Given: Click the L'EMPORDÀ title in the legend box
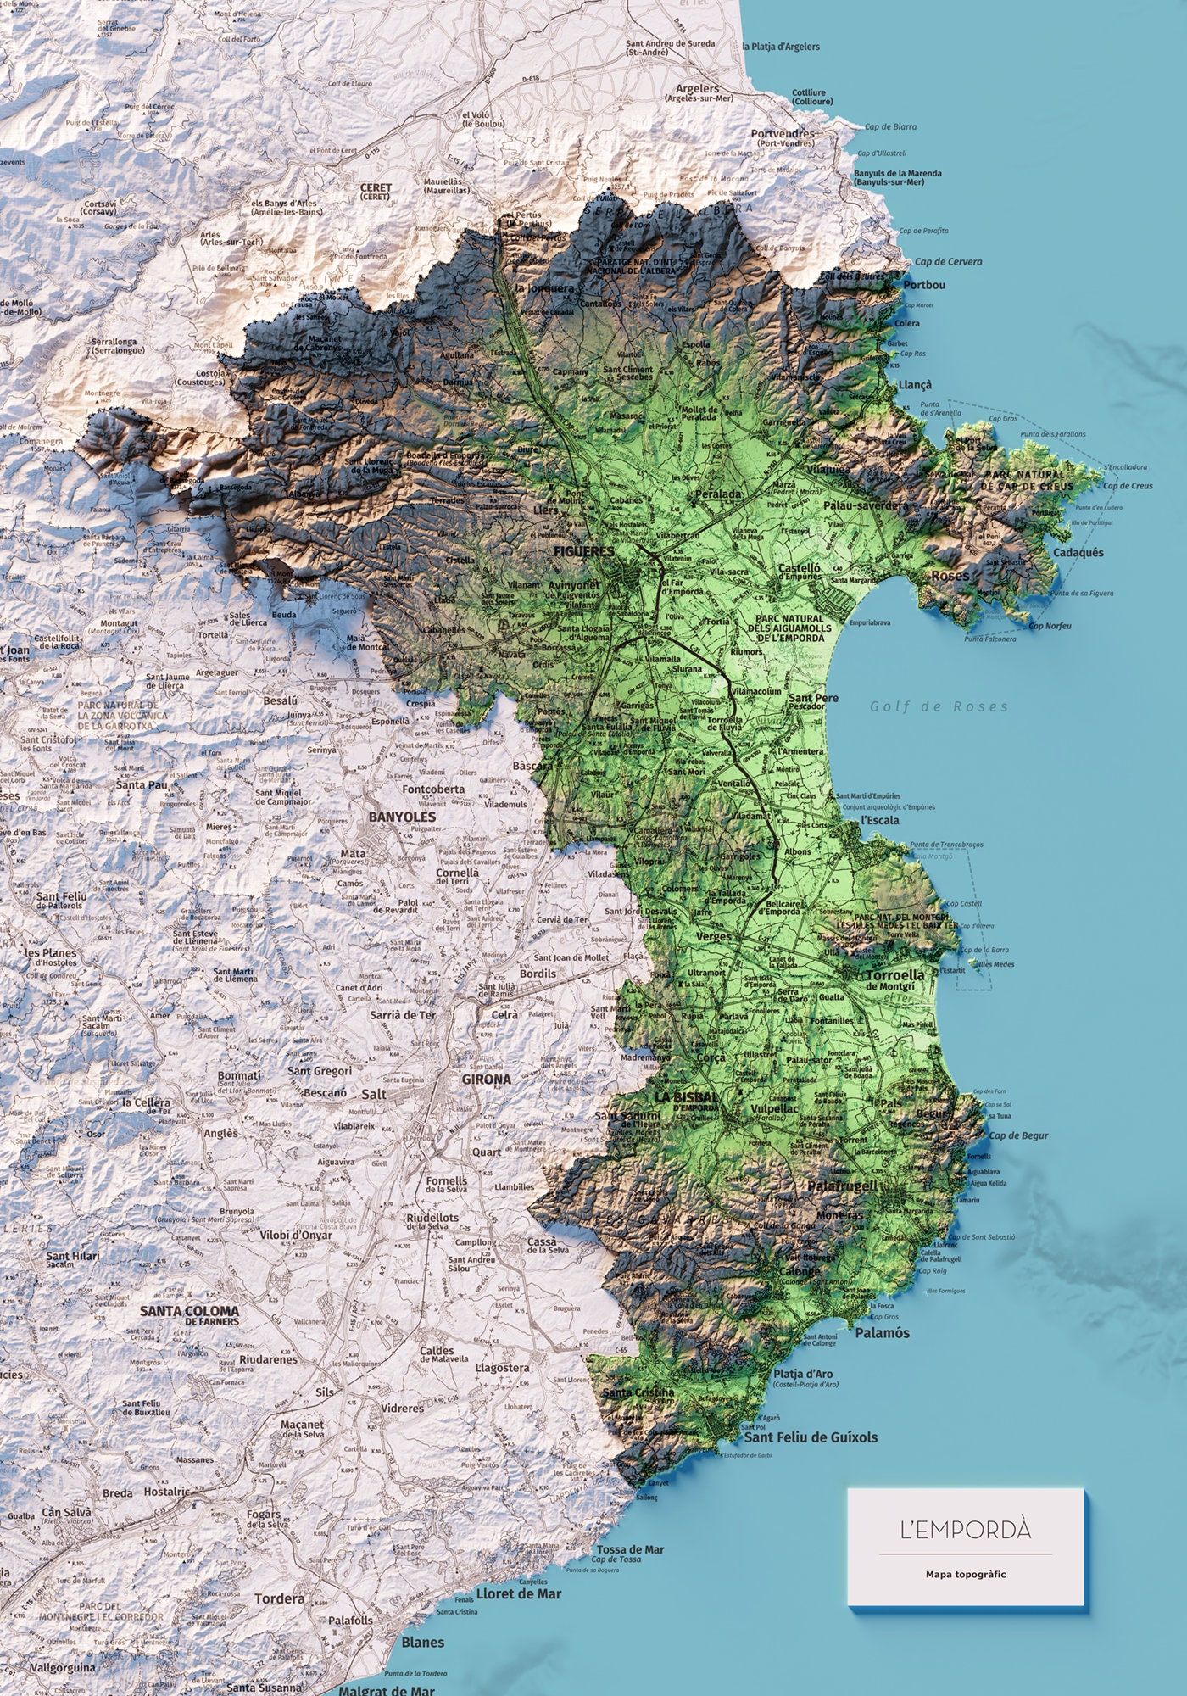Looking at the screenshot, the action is (966, 1531).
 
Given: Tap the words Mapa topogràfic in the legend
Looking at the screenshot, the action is (966, 1574).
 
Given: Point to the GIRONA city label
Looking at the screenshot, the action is (487, 1080).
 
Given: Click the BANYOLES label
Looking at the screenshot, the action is (402, 817).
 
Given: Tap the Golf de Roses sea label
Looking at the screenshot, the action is (939, 706).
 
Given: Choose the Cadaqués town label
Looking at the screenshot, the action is (1078, 552).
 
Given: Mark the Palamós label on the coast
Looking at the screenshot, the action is (882, 1332).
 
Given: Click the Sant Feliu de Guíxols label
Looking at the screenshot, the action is (811, 1437).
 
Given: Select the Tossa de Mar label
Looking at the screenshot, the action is (630, 1549).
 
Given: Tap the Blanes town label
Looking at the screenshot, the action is (422, 1642).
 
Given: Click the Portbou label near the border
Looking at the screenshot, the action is (923, 285).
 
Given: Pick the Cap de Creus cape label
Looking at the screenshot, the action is (1128, 486).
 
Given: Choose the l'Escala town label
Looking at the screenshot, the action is (879, 820).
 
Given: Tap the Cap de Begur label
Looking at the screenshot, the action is (1018, 1135).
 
